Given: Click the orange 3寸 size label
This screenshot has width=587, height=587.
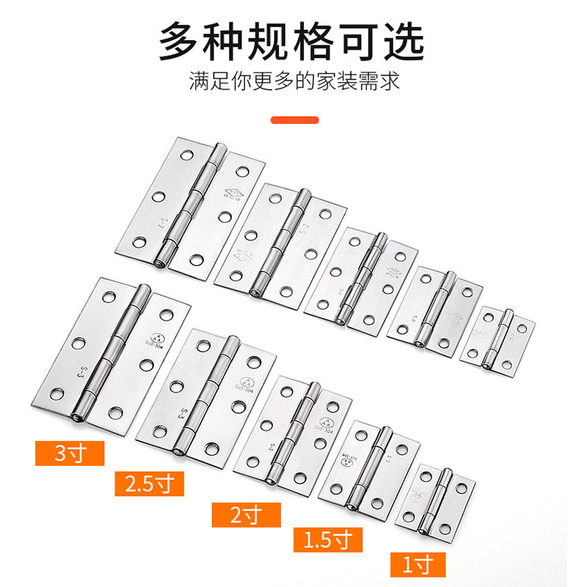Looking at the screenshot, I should tap(70, 453).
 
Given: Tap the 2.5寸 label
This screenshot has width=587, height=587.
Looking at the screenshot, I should tap(149, 484).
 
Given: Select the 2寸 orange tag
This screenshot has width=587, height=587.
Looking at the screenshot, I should tap(246, 514).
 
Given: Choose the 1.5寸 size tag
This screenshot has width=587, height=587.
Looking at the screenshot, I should tap(328, 539).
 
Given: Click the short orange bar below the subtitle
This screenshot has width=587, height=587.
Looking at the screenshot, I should tap(295, 120).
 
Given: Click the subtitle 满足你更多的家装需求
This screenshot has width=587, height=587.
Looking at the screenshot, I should tap(293, 81).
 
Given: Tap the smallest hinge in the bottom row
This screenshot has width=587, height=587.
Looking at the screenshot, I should tap(436, 499).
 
